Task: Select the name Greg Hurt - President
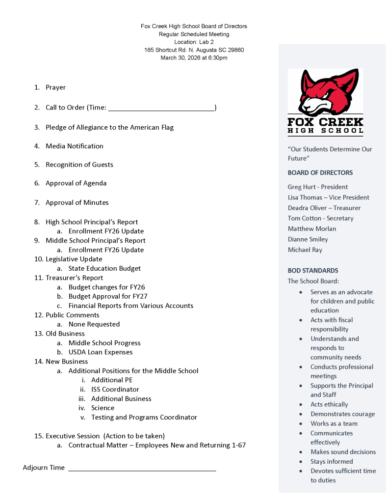(318, 187)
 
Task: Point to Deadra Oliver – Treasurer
(324, 208)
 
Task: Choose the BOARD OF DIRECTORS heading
(320, 173)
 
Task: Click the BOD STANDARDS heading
(312, 271)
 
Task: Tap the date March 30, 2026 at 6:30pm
(194, 58)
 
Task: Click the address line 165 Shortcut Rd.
(194, 50)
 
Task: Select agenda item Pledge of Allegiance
(109, 127)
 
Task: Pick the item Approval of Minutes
(77, 202)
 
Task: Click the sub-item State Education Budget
(104, 268)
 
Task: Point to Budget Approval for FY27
(108, 296)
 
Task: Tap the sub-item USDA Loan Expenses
(101, 352)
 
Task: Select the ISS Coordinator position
(115, 389)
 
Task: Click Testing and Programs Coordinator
(144, 417)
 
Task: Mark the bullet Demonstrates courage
(342, 414)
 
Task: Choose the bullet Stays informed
(332, 461)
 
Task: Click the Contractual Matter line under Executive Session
(157, 445)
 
